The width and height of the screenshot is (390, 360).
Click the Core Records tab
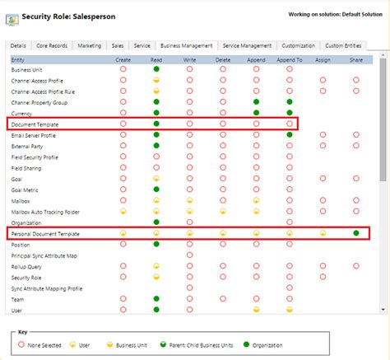[x=52, y=46]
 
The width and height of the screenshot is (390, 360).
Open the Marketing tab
[x=89, y=46]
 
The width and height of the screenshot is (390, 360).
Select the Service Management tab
[x=247, y=46]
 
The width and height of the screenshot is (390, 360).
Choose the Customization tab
[x=297, y=46]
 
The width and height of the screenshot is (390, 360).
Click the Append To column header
[x=289, y=59]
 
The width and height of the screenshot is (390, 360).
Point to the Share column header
[x=356, y=59]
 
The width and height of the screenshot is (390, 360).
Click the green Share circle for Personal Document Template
[x=356, y=233]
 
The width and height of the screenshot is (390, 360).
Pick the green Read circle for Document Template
[x=156, y=123]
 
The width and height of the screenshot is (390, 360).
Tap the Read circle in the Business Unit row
[x=156, y=70]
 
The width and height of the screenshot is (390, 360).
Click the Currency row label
[x=23, y=112]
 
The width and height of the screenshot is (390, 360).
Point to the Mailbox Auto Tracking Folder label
[x=47, y=211]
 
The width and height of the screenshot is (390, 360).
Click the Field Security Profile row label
[x=36, y=157]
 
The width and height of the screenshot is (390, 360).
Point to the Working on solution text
[x=335, y=14]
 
